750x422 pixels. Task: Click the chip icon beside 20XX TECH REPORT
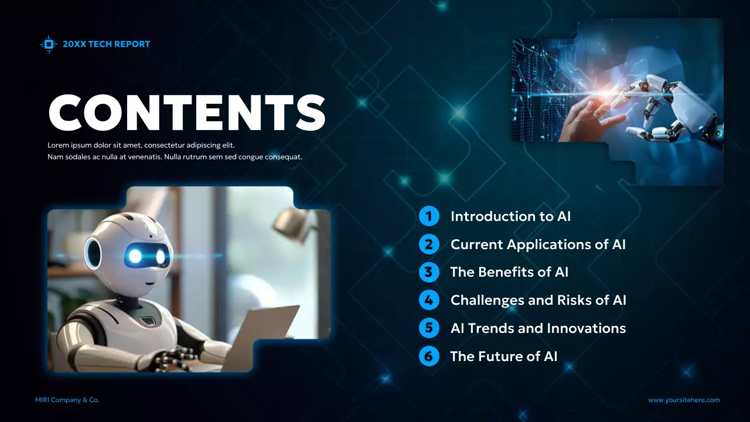(x=49, y=44)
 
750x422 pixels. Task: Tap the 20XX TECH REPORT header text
(x=106, y=44)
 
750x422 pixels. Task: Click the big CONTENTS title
(x=186, y=112)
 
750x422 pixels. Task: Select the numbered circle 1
(x=429, y=216)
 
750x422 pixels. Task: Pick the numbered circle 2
(x=429, y=244)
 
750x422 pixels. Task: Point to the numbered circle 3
(x=429, y=272)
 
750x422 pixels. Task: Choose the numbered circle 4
(x=429, y=300)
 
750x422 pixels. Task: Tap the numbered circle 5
(x=429, y=328)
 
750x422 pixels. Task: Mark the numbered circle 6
(x=429, y=356)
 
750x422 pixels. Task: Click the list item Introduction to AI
(x=510, y=216)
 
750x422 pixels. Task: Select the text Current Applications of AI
(x=538, y=244)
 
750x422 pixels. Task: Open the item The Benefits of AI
(x=509, y=272)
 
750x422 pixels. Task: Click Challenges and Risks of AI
(x=538, y=300)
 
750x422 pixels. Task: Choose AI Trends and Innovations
(x=538, y=328)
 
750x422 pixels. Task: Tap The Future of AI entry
(x=503, y=356)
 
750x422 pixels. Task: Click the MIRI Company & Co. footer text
(x=67, y=400)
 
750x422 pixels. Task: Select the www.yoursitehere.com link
(x=684, y=400)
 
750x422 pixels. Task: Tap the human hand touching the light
(x=589, y=120)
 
